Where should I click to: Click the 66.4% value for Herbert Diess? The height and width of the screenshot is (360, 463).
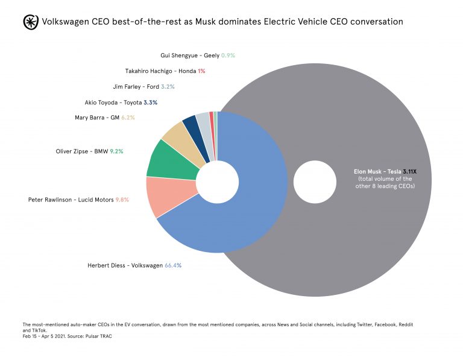pyautogui.click(x=173, y=264)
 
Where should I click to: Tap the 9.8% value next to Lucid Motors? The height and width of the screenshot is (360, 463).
pyautogui.click(x=122, y=199)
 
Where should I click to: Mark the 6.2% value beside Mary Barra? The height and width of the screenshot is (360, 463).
pyautogui.click(x=128, y=118)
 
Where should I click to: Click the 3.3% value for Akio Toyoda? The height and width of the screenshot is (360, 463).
pyautogui.click(x=151, y=103)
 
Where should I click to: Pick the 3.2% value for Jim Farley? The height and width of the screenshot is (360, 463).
pyautogui.click(x=151, y=87)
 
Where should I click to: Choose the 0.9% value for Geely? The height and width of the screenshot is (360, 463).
pyautogui.click(x=228, y=55)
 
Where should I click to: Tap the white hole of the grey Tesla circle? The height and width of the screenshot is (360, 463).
pyautogui.click(x=315, y=181)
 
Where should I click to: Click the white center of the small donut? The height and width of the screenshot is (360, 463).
pyautogui.click(x=217, y=181)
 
